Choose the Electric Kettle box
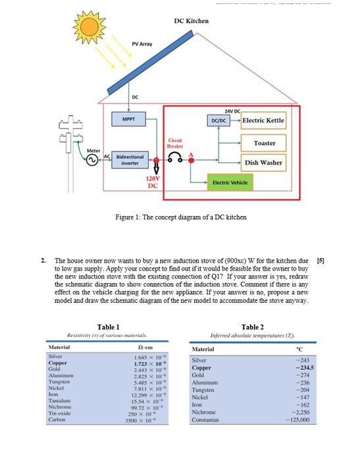coord(263,120)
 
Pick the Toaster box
coord(264,143)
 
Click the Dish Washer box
coord(264,162)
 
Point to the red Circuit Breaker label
coord(175,143)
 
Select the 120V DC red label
coord(153,182)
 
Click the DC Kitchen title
coord(191,21)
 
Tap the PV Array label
coord(141,44)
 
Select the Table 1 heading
coord(108,327)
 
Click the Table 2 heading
coord(252,327)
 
